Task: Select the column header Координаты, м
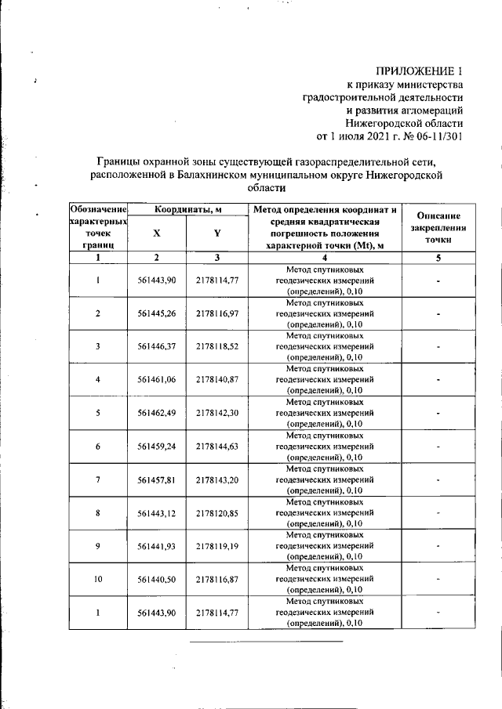tap(187, 209)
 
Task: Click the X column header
tap(157, 233)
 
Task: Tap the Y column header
tap(216, 233)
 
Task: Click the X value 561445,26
tap(157, 313)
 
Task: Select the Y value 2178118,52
tap(216, 346)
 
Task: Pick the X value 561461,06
tap(157, 380)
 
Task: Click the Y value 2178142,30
tap(216, 413)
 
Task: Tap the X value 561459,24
tap(157, 447)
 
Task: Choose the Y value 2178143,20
tap(216, 479)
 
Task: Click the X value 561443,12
tap(157, 513)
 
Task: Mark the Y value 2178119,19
tap(216, 546)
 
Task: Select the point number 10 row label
tap(98, 580)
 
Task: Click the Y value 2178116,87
tap(216, 580)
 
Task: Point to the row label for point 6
tap(98, 447)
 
